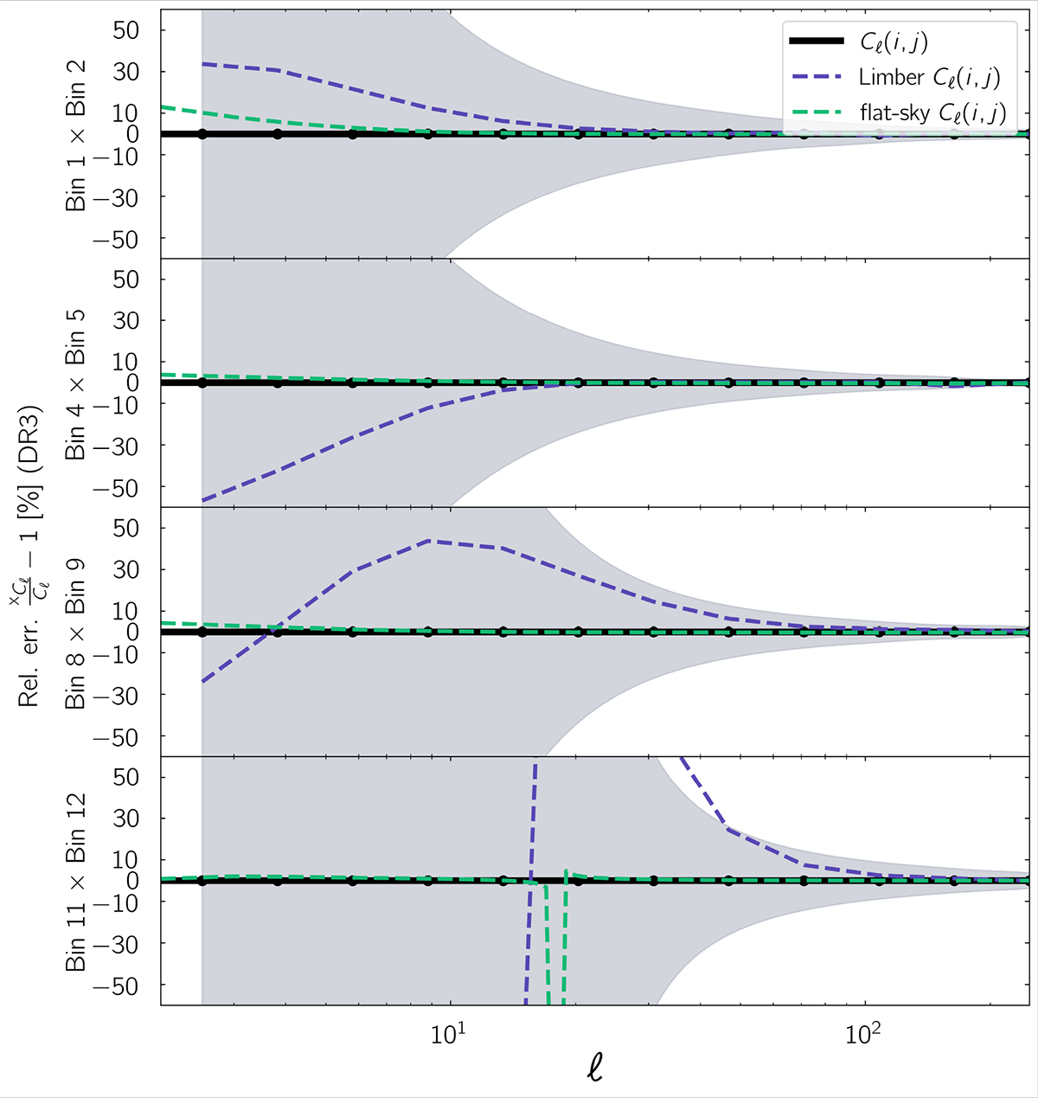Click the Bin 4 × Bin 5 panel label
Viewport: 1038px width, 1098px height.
[76, 382]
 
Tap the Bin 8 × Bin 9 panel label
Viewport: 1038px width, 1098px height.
[76, 632]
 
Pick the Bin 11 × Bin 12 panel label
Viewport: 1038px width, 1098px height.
[76, 881]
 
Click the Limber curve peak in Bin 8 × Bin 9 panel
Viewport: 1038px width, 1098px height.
[430, 541]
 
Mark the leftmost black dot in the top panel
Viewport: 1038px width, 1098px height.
[202, 134]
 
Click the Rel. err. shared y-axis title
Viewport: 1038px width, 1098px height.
[31, 554]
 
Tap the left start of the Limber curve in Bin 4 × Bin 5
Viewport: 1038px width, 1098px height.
[202, 500]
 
